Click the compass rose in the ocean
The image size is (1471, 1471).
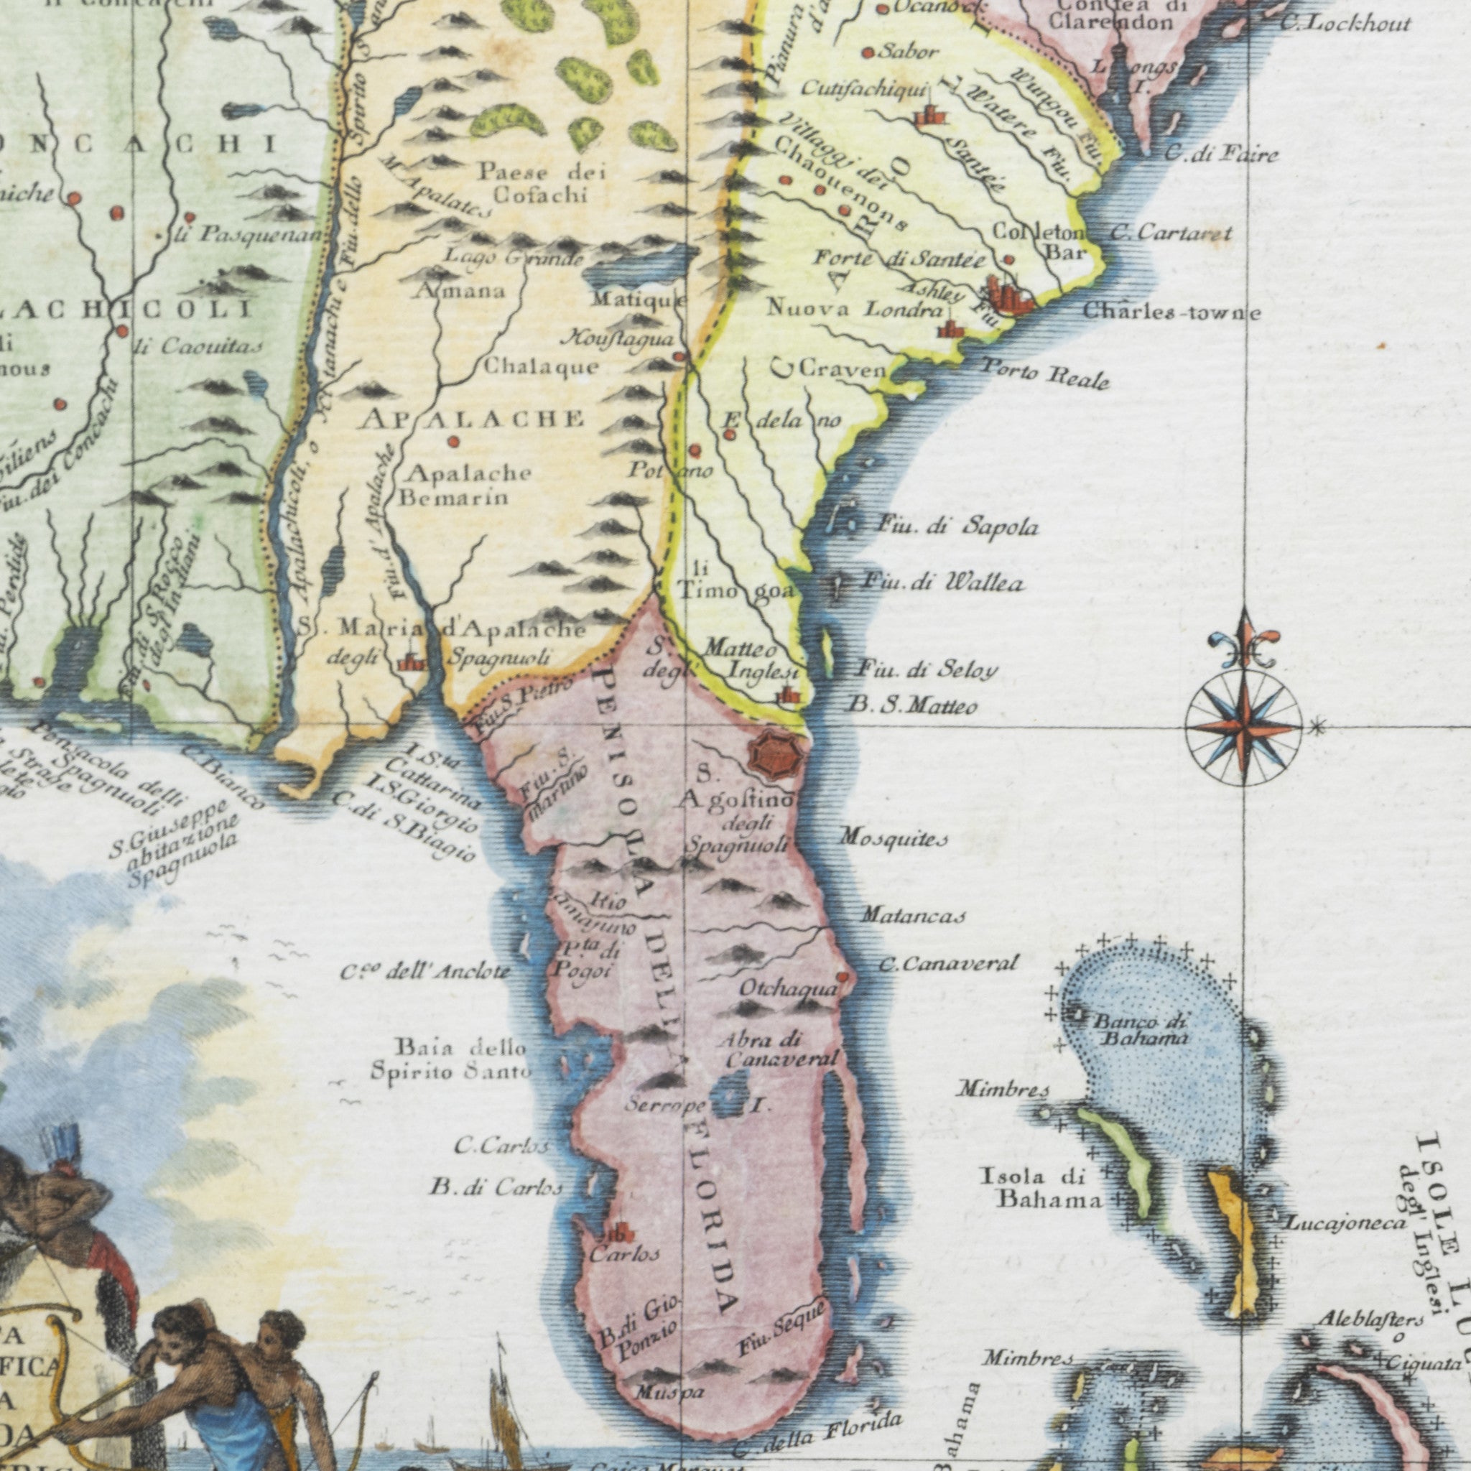pyautogui.click(x=1243, y=727)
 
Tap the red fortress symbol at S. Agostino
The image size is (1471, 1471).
pyautogui.click(x=776, y=755)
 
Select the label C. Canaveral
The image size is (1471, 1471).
pyautogui.click(x=948, y=964)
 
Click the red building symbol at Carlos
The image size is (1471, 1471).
pyautogui.click(x=619, y=1235)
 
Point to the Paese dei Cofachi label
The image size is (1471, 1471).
pyautogui.click(x=542, y=183)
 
